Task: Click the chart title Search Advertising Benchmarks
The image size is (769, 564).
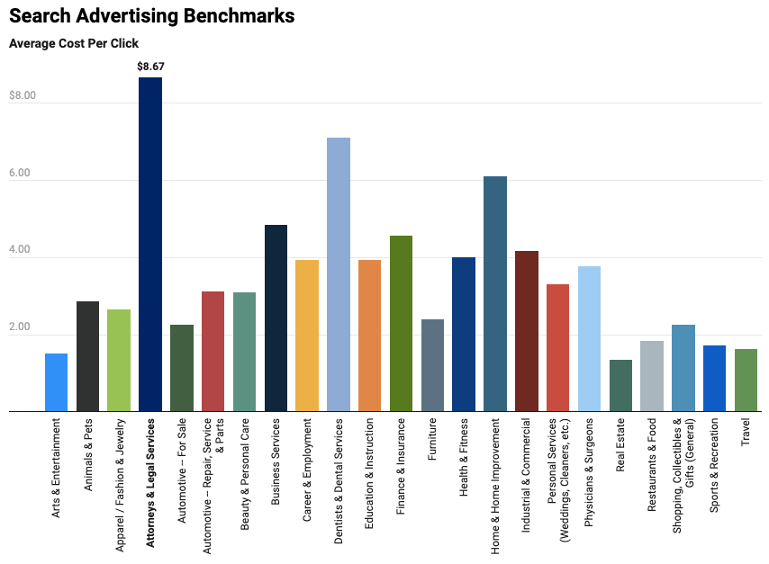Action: click(x=152, y=16)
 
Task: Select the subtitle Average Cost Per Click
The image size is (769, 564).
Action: click(x=74, y=43)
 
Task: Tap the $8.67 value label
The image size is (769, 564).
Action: click(x=150, y=67)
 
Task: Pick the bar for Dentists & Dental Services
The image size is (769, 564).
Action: click(x=339, y=274)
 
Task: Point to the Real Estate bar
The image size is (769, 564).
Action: click(x=620, y=386)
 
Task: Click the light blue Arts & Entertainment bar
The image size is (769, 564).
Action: click(x=56, y=382)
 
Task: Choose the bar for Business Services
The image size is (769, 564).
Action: click(x=276, y=318)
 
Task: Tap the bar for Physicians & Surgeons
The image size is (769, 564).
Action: click(x=589, y=339)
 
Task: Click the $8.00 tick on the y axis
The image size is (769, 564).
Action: click(x=23, y=95)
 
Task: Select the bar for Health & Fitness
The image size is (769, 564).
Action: click(x=464, y=335)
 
